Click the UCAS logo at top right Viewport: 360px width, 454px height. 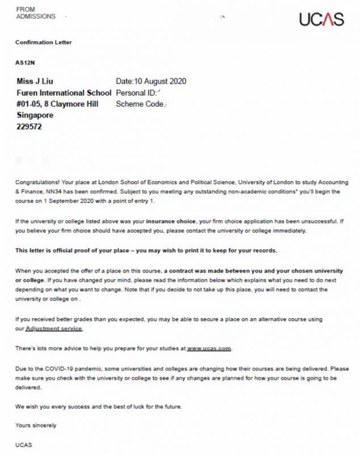[321, 19]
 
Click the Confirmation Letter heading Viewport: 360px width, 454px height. [44, 43]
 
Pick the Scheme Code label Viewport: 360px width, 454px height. [139, 104]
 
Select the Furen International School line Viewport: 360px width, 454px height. [64, 93]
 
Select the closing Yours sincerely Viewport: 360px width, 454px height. [36, 425]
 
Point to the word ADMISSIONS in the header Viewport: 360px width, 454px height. [36, 16]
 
